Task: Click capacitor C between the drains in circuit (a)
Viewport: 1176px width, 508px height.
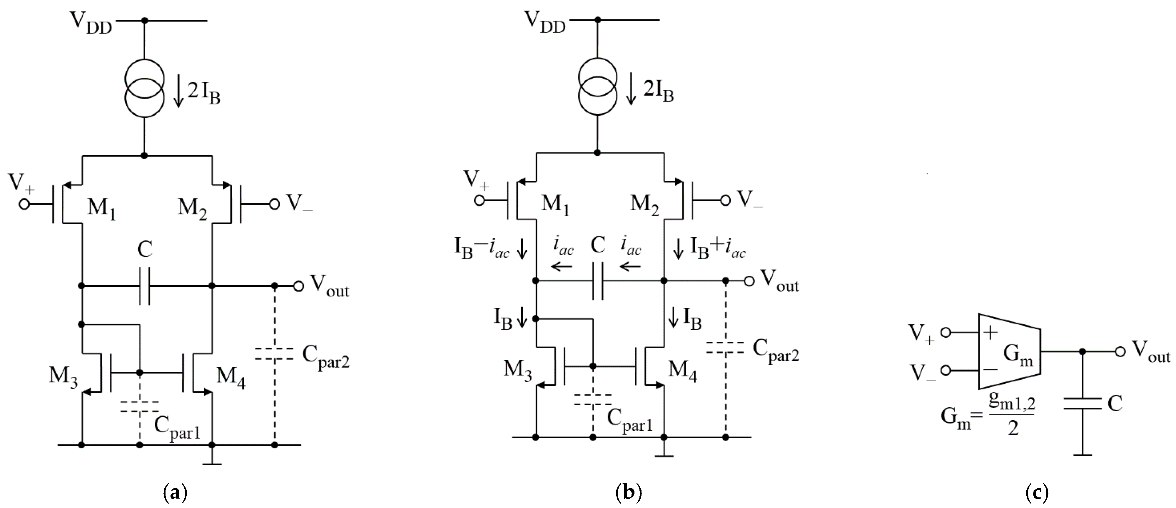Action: click(x=144, y=286)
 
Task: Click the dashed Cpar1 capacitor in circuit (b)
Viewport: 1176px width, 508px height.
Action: click(x=593, y=400)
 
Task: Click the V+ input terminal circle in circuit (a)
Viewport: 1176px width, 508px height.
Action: click(x=24, y=204)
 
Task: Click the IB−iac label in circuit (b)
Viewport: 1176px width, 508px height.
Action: click(x=481, y=249)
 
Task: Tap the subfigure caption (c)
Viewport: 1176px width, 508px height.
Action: click(x=1036, y=492)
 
